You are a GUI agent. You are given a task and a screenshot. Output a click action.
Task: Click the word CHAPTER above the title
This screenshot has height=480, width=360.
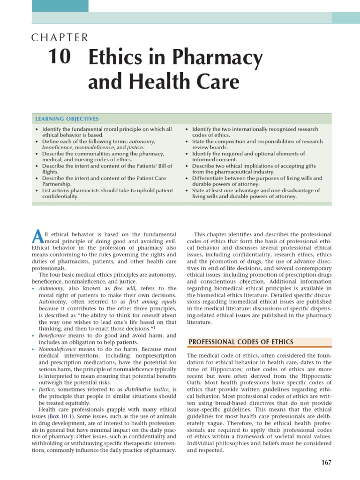[x=60, y=38]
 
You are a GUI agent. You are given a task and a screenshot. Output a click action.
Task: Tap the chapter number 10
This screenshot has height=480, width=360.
[x=60, y=57]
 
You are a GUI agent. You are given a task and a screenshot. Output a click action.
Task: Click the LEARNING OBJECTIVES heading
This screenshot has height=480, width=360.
[x=67, y=119]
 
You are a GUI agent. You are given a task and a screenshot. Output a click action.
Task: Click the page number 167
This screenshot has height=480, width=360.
[x=326, y=463]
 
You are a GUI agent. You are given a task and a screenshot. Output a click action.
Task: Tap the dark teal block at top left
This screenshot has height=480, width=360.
[x=60, y=6]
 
